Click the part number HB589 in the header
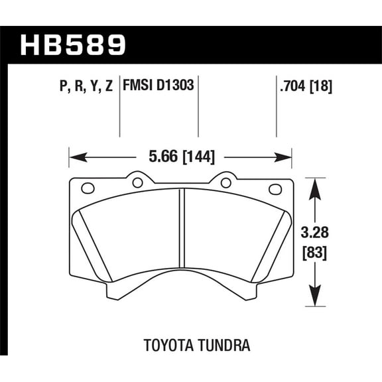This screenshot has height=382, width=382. point(74,45)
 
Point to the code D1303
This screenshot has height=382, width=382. point(176,86)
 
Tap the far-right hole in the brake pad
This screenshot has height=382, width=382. point(275,189)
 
